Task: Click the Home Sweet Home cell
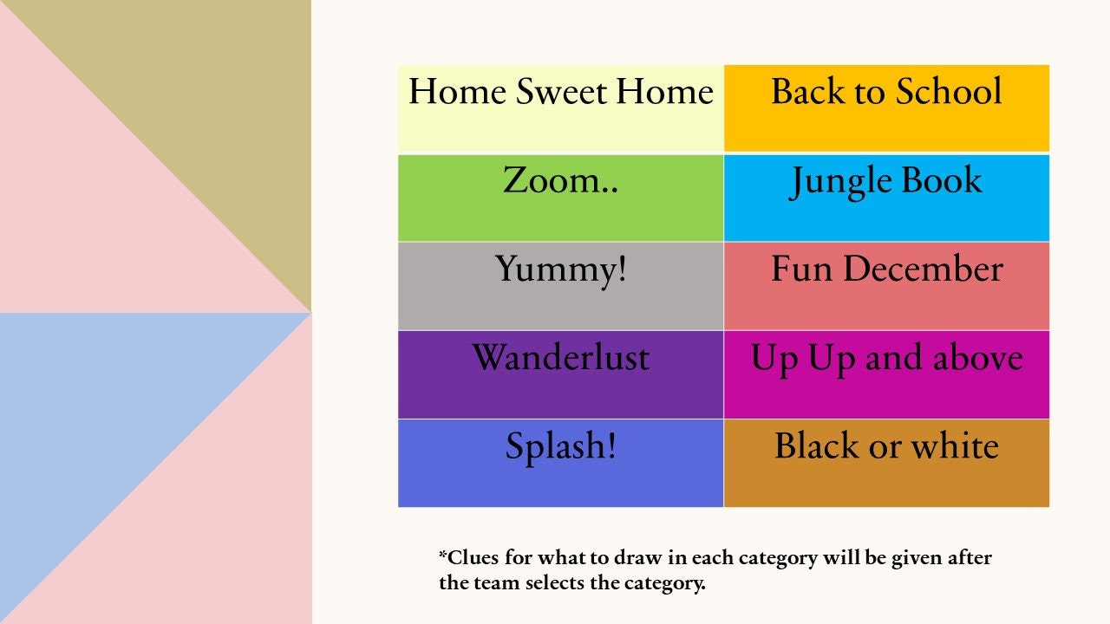point(560,109)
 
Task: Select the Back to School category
point(886,109)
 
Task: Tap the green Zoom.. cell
point(560,198)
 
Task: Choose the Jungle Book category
point(886,198)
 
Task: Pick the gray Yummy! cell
point(560,286)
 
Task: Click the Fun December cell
point(886,286)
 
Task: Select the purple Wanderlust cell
point(560,374)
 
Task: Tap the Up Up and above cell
point(886,374)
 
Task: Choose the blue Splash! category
point(560,464)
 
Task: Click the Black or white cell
point(886,464)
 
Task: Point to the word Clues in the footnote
point(473,557)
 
